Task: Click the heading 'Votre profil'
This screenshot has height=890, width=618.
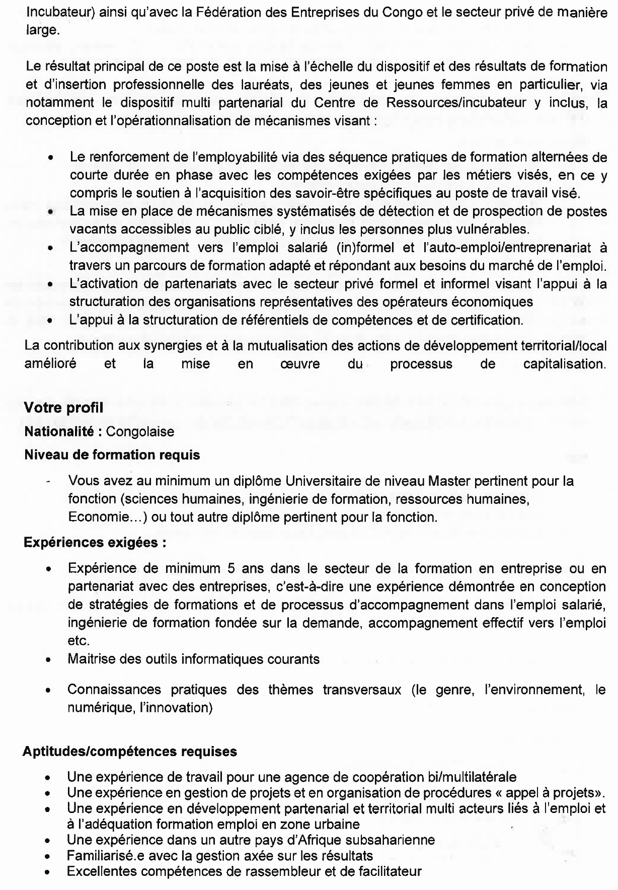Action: tap(63, 408)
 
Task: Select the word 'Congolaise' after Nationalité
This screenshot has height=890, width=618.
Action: tap(140, 431)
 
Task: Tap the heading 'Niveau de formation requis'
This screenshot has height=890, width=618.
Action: tap(112, 455)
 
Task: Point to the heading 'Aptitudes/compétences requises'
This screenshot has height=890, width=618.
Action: tap(129, 752)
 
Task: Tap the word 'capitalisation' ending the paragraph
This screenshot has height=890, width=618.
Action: tap(563, 364)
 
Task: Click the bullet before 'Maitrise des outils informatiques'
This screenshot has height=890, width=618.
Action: tap(49, 660)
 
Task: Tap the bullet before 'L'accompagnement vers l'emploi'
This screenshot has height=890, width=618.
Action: tap(51, 249)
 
